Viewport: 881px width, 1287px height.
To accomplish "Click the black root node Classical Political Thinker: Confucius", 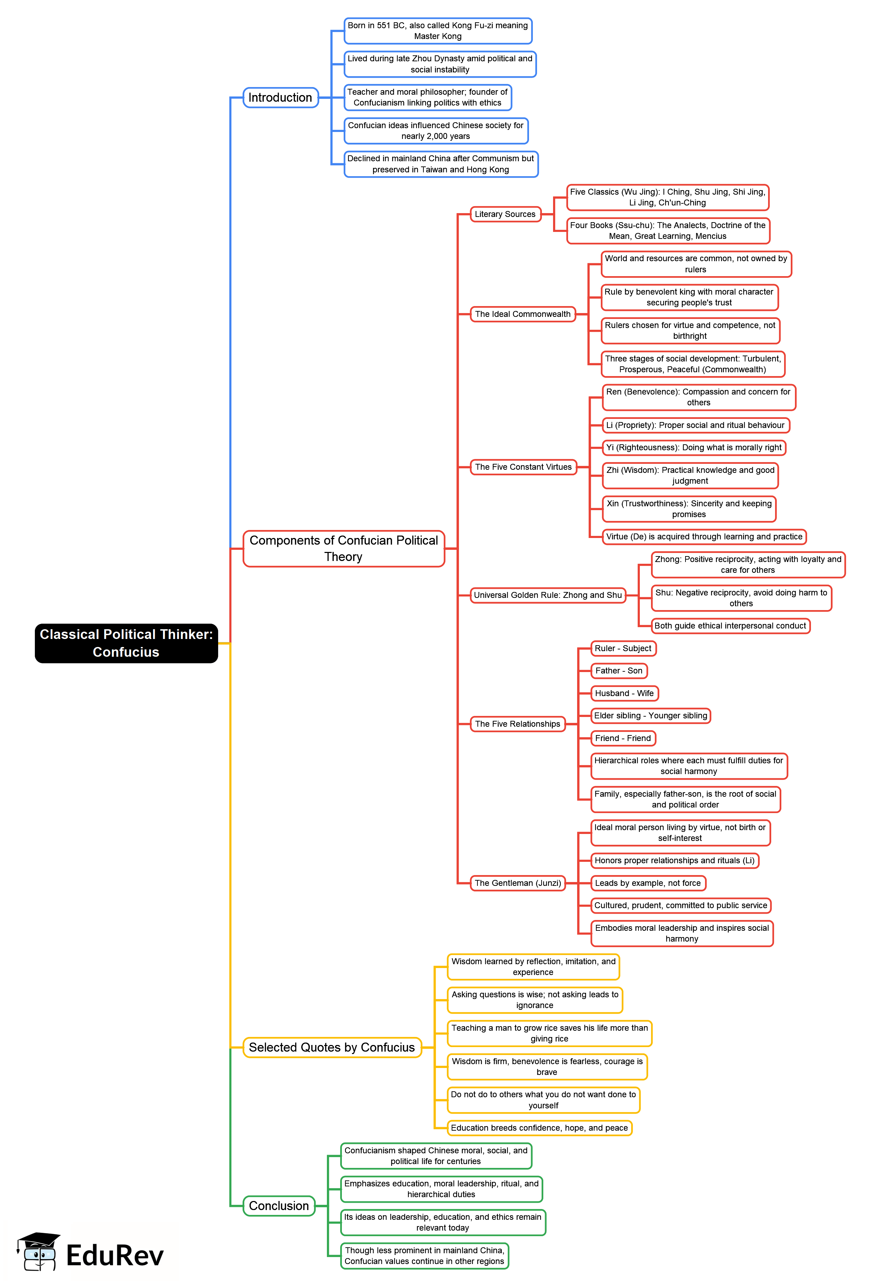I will coord(127,643).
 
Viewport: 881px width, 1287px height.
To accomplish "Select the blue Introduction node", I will coord(281,97).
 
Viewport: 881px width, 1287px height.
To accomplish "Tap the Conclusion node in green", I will coord(279,1206).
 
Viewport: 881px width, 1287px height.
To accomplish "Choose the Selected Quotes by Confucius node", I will coord(332,1047).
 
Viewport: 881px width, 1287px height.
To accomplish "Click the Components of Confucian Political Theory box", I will coord(344,548).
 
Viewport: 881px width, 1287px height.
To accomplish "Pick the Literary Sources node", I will coord(505,214).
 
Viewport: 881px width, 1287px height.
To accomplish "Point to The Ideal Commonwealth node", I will coord(522,314).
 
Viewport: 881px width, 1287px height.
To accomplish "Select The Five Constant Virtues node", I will coord(523,467).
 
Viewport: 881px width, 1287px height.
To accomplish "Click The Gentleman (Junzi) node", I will coord(518,883).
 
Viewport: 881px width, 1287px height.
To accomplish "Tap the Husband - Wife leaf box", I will coord(624,693).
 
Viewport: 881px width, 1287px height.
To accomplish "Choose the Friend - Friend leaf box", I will coord(623,738).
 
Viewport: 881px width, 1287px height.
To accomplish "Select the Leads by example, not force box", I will coord(648,883).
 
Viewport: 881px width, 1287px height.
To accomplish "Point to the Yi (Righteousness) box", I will coord(694,447).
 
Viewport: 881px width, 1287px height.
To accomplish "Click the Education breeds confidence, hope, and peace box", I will coord(539,1128).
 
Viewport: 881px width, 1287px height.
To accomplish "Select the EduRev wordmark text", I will coord(115,1255).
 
